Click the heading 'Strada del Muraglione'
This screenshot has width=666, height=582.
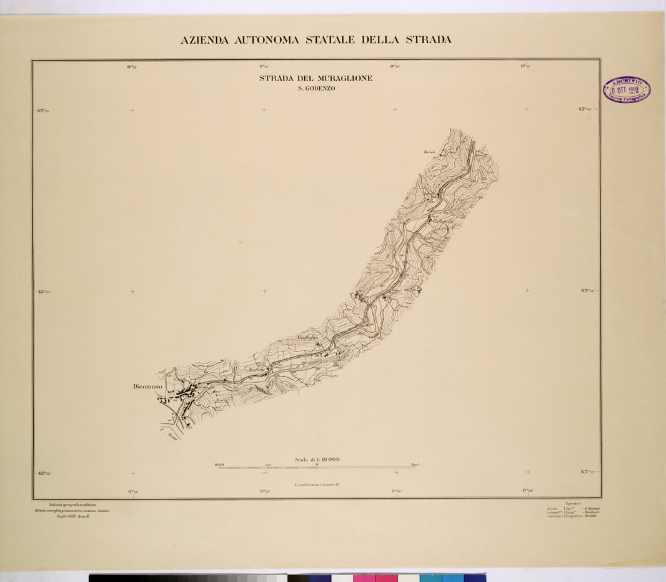(x=316, y=79)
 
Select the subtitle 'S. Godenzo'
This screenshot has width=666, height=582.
(x=316, y=89)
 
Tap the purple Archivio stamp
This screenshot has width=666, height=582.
(x=626, y=91)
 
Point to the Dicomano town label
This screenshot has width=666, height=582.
(x=147, y=387)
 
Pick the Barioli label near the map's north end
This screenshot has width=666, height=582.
(x=429, y=152)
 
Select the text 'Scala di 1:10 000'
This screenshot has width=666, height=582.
(x=317, y=460)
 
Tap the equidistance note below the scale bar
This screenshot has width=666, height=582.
(x=316, y=484)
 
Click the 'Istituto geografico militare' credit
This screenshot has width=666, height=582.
(x=73, y=505)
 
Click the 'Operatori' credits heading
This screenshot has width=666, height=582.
(x=573, y=503)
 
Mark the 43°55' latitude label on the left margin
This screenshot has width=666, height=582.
(x=43, y=111)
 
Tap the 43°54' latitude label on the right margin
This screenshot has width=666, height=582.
(x=589, y=291)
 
